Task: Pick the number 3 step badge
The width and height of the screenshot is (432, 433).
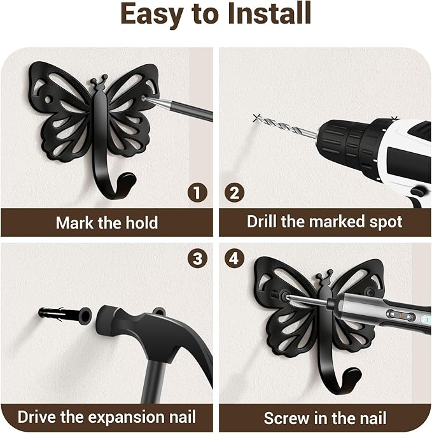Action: [x=198, y=259]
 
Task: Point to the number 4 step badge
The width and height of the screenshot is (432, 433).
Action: [x=234, y=259]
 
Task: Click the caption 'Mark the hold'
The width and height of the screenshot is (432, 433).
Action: [x=107, y=223]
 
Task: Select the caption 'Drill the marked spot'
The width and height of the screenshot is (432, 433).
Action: [x=324, y=222]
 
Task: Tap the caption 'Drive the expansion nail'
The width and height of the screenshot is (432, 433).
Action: [x=107, y=418]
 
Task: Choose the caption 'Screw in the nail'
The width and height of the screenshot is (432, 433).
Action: [x=324, y=418]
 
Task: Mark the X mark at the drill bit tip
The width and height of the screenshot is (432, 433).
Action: [x=256, y=117]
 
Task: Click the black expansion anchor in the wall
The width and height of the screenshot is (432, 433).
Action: [x=60, y=315]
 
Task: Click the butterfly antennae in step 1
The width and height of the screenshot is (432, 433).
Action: [x=98, y=82]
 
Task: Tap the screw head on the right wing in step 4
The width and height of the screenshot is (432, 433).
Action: [x=369, y=291]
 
